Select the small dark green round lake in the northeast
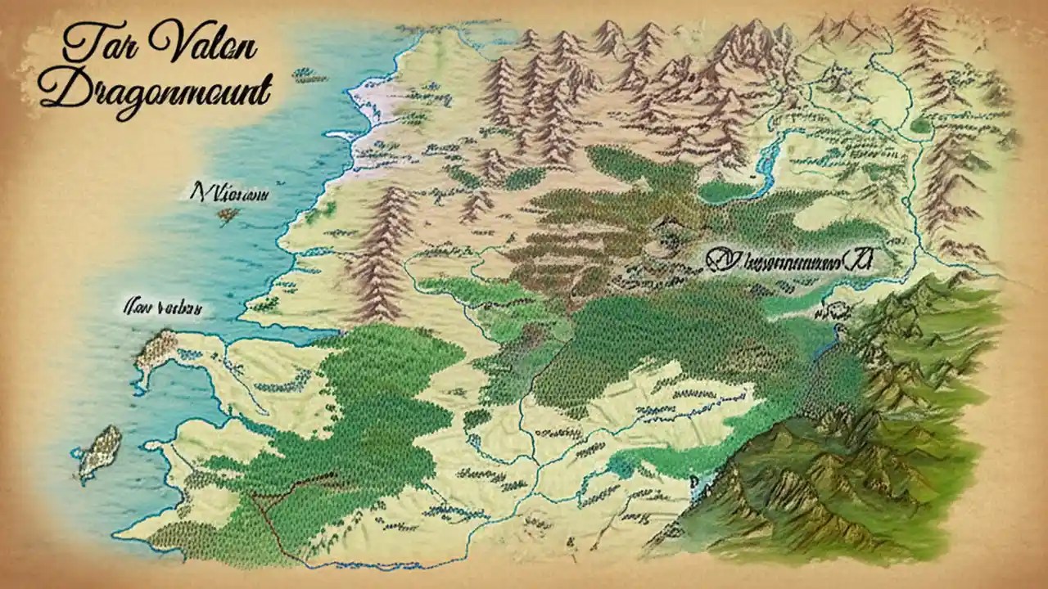(x=921, y=125)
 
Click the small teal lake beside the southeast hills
(x=623, y=467)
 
